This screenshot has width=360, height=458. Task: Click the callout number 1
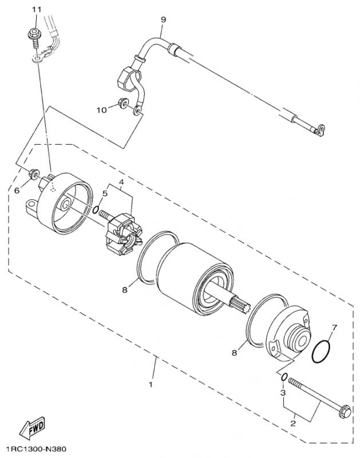[151, 384]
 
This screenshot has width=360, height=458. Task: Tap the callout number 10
[101, 110]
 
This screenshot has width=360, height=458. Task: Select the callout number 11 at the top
[37, 10]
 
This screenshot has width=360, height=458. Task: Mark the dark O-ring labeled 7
[323, 352]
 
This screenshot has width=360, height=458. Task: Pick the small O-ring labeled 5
[96, 210]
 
